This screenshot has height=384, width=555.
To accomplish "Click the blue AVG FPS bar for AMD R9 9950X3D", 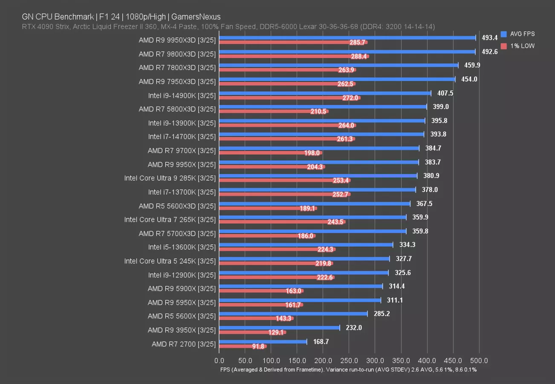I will [x=347, y=38].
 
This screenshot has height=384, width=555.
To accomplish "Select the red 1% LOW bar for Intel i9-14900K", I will [x=289, y=98].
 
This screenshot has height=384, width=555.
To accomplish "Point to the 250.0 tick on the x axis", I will [x=349, y=360].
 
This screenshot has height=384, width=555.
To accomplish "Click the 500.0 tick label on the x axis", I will [x=479, y=360].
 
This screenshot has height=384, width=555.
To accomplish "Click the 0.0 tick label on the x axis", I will [x=219, y=360].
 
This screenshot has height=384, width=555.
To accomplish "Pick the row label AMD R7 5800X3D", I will [x=177, y=109].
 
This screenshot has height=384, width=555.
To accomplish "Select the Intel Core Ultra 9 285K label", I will [x=170, y=178].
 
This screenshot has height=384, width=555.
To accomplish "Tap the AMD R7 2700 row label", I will [x=183, y=344].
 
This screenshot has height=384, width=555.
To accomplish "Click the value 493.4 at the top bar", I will [x=490, y=38].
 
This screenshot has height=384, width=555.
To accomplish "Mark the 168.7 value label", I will [x=321, y=341].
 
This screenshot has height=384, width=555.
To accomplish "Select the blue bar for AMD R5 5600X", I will [x=293, y=314].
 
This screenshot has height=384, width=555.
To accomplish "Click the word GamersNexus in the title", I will [x=200, y=17].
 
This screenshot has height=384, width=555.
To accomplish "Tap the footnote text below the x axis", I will [x=348, y=369].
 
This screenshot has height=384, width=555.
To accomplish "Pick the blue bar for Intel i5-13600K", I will [x=306, y=244].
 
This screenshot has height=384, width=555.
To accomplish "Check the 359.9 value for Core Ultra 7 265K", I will [x=421, y=217].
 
